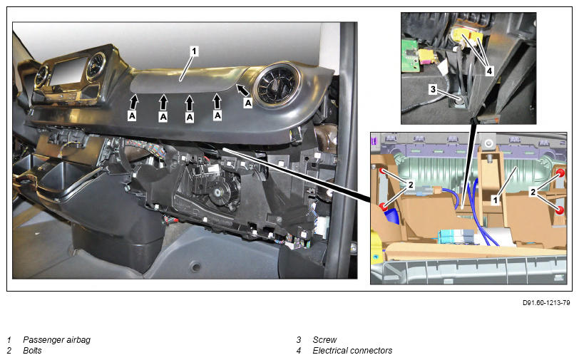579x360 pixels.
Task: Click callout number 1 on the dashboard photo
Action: pos(194,51)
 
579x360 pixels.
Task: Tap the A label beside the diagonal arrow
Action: pos(248,103)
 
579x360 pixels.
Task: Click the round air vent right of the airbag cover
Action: pos(277,85)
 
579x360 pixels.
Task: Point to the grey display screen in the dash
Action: pos(68,71)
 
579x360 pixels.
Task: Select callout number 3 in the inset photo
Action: pos(433,89)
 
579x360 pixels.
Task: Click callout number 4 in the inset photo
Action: pos(489,71)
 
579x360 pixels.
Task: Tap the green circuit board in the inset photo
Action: pos(409,56)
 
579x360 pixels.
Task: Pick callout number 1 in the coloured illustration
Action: pos(496,200)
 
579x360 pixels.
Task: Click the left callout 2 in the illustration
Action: pos(410,185)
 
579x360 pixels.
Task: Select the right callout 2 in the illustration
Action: pos(533,192)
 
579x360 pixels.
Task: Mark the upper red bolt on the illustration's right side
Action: pos(560,173)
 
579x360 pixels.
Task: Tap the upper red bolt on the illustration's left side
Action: pos(384,171)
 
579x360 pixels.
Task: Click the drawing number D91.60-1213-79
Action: pos(546,303)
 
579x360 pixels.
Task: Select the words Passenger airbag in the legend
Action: pos(56,340)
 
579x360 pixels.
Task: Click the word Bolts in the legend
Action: pos(32,351)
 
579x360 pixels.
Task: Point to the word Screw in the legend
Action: pos(324,340)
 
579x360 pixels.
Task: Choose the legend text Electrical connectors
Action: pos(352,351)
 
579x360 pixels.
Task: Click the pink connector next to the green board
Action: pos(427,56)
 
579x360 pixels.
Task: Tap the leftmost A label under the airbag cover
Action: pos(132,116)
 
